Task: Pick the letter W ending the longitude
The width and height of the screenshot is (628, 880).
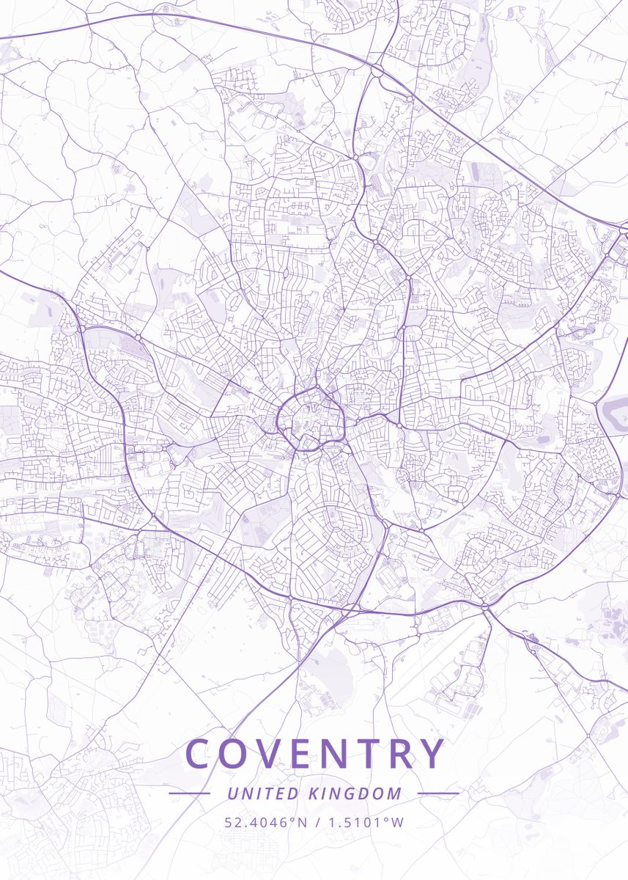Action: [x=398, y=822]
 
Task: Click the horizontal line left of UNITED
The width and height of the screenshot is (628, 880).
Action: [x=189, y=793]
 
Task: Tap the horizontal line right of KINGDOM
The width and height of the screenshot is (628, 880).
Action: [x=437, y=793]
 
